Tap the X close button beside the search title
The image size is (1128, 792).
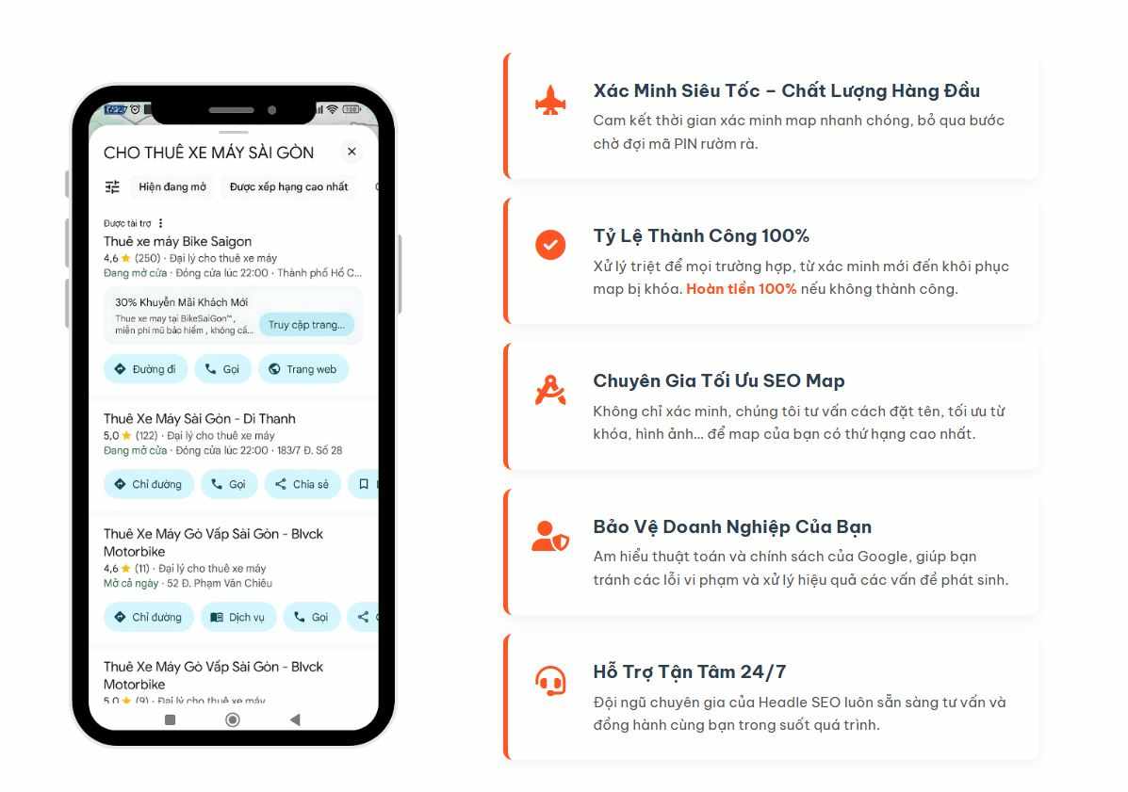(351, 152)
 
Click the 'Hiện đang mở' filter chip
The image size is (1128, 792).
(172, 186)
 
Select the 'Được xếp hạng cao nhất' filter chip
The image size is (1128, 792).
(288, 186)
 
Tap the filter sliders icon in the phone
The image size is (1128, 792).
(112, 186)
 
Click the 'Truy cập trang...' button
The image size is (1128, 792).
(306, 325)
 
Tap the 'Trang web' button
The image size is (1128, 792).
(303, 369)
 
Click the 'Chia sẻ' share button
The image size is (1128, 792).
(302, 484)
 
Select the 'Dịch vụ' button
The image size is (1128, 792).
(238, 618)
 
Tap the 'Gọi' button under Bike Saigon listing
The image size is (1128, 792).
(222, 369)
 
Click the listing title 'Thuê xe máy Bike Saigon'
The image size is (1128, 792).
(178, 241)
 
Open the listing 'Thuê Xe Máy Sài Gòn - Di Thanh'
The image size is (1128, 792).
(199, 419)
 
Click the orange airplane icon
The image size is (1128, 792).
(550, 101)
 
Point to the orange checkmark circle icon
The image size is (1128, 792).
(550, 244)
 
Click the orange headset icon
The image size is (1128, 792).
(550, 681)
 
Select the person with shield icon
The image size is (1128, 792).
(550, 536)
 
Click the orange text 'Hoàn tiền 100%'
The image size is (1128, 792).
(741, 289)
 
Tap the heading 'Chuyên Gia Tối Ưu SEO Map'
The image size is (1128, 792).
(719, 380)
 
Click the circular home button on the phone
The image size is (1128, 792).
(233, 719)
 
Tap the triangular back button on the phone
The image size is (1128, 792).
(294, 719)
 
